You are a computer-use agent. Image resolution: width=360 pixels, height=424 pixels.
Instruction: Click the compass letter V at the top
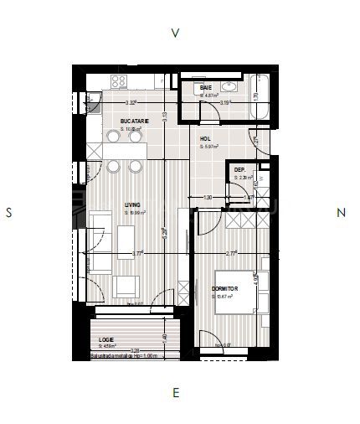pyautogui.click(x=175, y=34)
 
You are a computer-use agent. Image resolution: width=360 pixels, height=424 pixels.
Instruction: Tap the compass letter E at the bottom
pyautogui.click(x=175, y=392)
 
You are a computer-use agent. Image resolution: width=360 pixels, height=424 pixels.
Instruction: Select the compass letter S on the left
pyautogui.click(x=9, y=213)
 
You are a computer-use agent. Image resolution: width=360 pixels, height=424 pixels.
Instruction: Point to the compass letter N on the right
pyautogui.click(x=341, y=213)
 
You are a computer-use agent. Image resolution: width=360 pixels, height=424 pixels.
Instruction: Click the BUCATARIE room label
pyautogui.click(x=134, y=122)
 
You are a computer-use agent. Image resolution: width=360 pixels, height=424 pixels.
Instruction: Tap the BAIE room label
pyautogui.click(x=206, y=88)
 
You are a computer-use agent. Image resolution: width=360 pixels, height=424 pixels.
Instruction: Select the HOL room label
pyautogui.click(x=204, y=138)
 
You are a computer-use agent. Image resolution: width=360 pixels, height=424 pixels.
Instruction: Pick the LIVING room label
pyautogui.click(x=132, y=204)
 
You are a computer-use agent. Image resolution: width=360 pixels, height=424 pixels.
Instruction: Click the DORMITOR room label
pyautogui.click(x=226, y=289)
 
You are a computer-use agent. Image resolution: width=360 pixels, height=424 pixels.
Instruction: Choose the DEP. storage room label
pyautogui.click(x=239, y=170)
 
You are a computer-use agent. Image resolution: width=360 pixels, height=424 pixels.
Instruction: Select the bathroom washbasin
pyautogui.click(x=232, y=87)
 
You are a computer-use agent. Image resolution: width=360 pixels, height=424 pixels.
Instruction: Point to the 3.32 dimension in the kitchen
pyautogui.click(x=131, y=103)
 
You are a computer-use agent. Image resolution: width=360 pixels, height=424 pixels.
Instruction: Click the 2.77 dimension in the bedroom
pyautogui.click(x=230, y=253)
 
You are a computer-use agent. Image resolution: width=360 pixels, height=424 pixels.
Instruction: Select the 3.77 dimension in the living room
pyautogui.click(x=138, y=253)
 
